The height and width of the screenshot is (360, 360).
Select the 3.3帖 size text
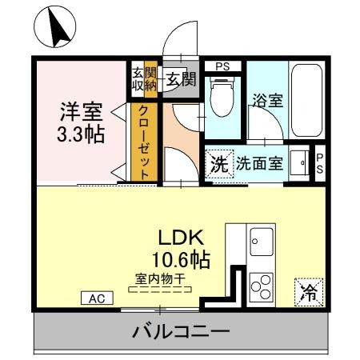coord(81,134)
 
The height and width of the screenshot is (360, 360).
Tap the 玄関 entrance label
coord(181,79)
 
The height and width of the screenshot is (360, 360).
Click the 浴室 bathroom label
coord(268,101)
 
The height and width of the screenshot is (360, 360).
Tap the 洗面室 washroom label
coord(259,164)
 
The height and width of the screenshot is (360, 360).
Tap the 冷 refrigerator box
coord(308,292)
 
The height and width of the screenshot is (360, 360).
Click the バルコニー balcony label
coord(181,330)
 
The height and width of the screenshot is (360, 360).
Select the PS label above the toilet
coord(223,66)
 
